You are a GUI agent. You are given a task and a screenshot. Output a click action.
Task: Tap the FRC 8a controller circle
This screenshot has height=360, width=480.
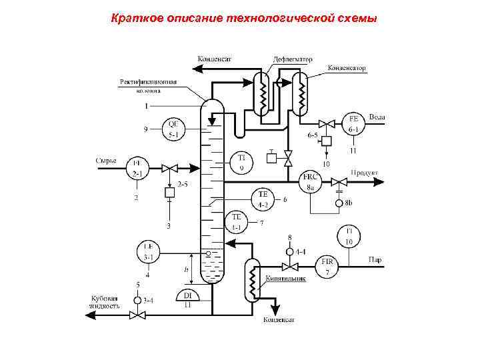tap(310, 181)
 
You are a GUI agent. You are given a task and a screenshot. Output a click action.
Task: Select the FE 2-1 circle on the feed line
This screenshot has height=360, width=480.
tap(137, 167)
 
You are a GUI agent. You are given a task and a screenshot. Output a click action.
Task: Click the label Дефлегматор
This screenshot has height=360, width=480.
tap(293, 59)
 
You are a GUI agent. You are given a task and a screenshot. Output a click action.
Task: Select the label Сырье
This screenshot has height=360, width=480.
tap(106, 160)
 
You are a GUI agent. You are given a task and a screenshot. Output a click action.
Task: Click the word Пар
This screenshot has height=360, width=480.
tap(375, 260)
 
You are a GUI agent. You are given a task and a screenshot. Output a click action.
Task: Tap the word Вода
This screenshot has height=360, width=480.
tap(377, 117)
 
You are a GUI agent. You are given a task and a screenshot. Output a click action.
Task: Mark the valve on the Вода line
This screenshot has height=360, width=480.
tap(327, 123)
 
